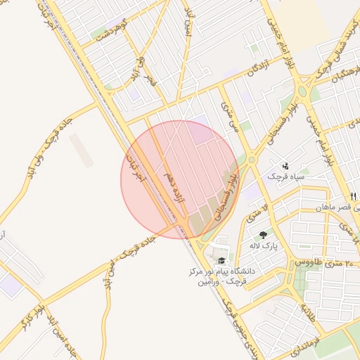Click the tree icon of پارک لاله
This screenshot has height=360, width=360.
pyautogui.click(x=263, y=235)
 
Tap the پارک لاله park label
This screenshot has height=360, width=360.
pyautogui.click(x=264, y=247)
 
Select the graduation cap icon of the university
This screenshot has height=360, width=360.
pyautogui.click(x=221, y=259)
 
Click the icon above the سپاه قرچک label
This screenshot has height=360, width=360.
pyautogui.click(x=285, y=166)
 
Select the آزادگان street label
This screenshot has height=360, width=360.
pyautogui.click(x=238, y=70)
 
